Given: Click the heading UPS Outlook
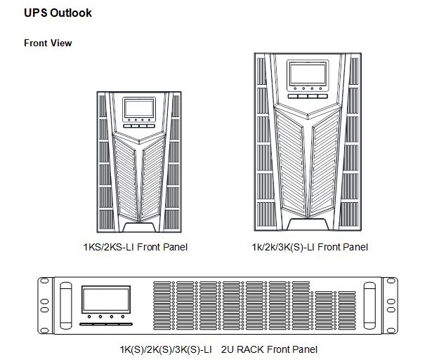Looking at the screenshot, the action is point(58,13).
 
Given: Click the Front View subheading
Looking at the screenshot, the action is point(48,43).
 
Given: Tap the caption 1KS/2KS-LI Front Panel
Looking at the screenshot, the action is point(136,247).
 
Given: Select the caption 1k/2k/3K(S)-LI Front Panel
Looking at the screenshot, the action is point(310,247).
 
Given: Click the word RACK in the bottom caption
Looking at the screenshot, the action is point(250,349).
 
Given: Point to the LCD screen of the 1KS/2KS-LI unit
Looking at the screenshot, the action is point(139,108).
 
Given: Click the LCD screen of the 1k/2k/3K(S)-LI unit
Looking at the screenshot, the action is point(308,74).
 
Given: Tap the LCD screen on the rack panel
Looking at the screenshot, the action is point(106,300).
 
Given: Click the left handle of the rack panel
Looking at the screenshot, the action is point(66,306).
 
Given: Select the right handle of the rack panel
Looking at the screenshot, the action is point(369,306).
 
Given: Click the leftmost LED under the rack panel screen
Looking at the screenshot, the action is point(89,316).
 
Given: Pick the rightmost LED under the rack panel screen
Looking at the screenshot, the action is point(123,316).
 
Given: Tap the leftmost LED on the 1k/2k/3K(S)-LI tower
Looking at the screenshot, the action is point(295,89).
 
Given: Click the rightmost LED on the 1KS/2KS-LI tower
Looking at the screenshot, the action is point(149,120).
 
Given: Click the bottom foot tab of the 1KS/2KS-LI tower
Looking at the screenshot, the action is point(139,227).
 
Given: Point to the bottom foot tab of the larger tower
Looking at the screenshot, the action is point(308,224).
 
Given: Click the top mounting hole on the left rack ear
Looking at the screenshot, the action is point(44,281).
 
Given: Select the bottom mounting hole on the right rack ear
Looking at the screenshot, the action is point(391,330).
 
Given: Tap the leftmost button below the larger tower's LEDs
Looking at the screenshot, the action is point(293,96).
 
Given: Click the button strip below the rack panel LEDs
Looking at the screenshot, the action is point(106,324).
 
